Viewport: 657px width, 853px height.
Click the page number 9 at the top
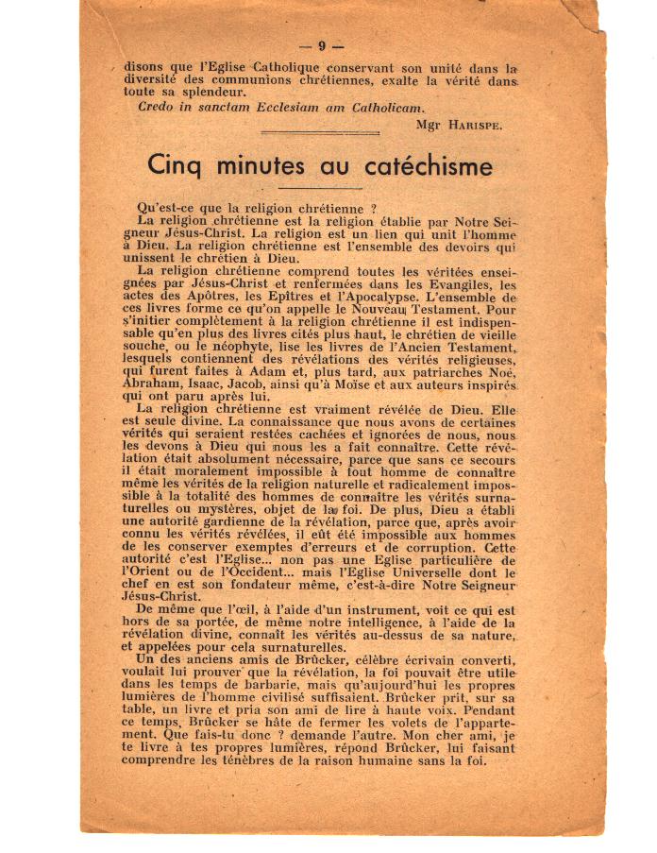pos(322,45)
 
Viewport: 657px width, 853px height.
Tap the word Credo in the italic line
pos(156,107)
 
